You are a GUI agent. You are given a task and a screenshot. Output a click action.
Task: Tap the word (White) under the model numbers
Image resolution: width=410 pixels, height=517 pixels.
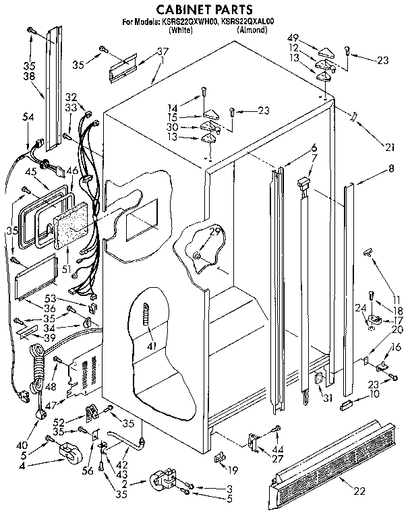point(180,30)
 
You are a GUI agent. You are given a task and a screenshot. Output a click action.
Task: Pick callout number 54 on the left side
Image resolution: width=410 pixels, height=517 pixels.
point(28,117)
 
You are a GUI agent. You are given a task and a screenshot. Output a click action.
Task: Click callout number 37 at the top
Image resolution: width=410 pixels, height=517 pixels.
point(163,51)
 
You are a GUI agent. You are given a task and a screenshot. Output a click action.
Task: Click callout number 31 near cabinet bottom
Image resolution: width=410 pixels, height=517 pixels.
point(328,397)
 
